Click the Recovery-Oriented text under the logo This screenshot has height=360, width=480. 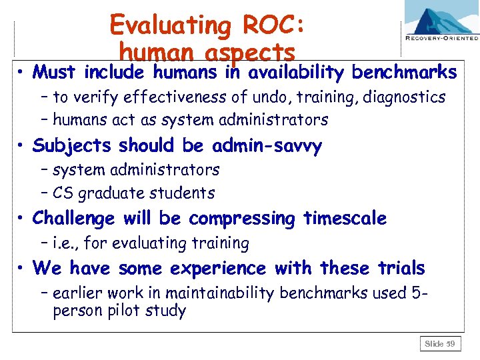pos(441,39)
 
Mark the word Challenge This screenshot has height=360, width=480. pos(73,219)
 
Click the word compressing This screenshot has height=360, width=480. pos(242,219)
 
